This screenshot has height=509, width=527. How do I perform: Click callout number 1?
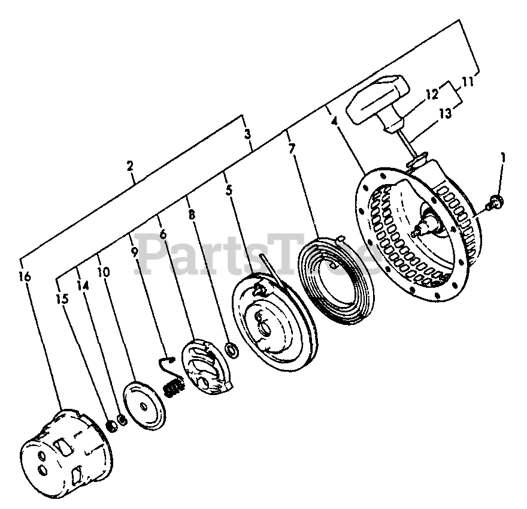click(502, 158)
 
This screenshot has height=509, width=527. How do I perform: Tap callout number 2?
click(131, 167)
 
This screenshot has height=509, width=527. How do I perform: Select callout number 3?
click(247, 135)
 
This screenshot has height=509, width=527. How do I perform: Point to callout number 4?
click(334, 121)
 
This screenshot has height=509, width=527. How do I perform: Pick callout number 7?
click(292, 148)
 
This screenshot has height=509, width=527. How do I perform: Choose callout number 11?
click(468, 82)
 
